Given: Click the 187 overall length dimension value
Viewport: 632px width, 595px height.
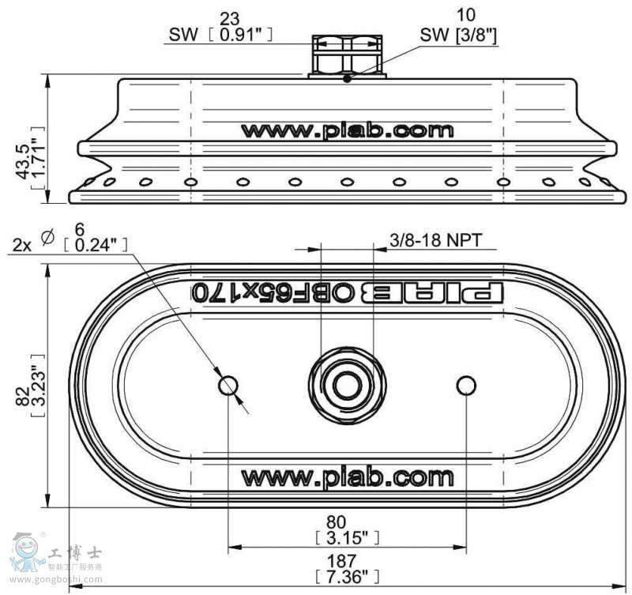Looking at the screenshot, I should click(x=348, y=559).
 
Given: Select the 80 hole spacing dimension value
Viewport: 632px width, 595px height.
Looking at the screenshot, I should click(x=348, y=522).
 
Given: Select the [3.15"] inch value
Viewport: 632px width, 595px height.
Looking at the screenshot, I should click(x=348, y=537).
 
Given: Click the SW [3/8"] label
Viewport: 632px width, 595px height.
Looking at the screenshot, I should click(x=458, y=35).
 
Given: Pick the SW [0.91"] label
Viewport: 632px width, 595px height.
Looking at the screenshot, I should click(x=220, y=35).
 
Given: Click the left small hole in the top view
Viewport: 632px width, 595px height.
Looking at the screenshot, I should click(x=228, y=386).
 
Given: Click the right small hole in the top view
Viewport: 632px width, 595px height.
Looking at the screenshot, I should click(x=466, y=385).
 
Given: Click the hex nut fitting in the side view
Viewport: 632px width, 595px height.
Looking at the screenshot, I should click(x=347, y=55).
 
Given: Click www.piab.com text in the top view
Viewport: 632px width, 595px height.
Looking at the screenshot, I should click(x=348, y=477).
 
